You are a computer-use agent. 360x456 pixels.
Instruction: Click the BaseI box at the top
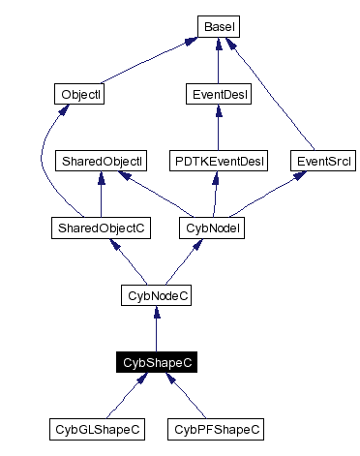tap(219, 27)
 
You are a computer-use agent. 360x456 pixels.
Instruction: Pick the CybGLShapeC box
tap(97, 428)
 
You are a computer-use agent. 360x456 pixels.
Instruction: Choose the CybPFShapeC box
tap(216, 428)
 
